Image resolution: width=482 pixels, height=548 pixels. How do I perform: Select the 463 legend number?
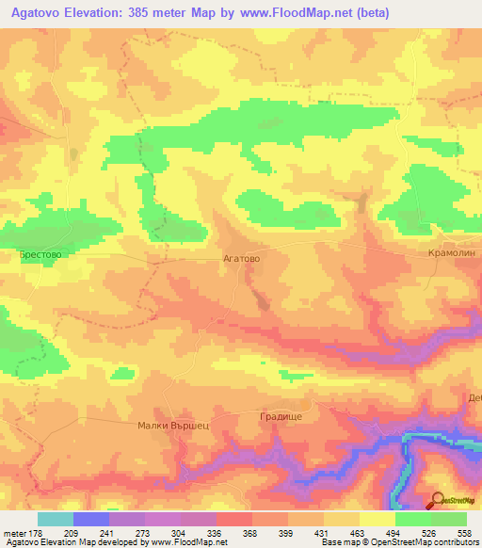pyautogui.click(x=359, y=534)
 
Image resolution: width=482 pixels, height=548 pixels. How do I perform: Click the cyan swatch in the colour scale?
pyautogui.click(x=56, y=519)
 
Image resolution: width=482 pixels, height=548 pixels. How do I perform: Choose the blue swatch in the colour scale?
pyautogui.click(x=91, y=519)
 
